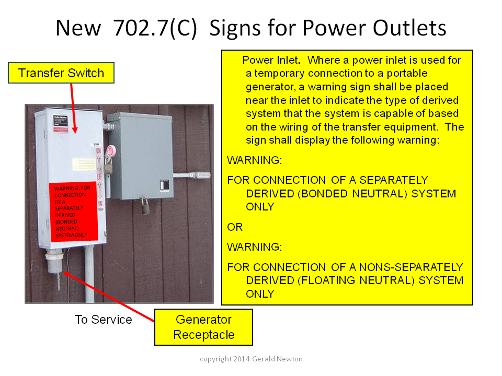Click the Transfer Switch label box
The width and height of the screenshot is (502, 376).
click(x=61, y=73)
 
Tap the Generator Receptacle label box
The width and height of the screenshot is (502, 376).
click(x=203, y=327)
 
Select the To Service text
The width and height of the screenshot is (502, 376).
click(x=103, y=320)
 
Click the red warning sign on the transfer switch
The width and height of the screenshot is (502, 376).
click(x=73, y=211)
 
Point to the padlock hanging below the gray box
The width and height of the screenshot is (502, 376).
click(x=145, y=206)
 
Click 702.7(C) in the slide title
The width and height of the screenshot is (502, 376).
click(x=155, y=28)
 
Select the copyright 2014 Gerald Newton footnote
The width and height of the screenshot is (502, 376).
click(x=251, y=359)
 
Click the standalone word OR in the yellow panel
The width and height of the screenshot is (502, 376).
click(x=235, y=227)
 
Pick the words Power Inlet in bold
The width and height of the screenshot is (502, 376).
click(x=271, y=60)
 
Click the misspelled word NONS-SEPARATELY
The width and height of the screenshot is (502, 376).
click(x=411, y=267)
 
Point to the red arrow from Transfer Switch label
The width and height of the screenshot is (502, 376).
click(x=73, y=109)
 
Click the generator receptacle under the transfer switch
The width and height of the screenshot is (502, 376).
click(x=55, y=261)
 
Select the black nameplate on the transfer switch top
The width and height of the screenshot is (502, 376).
click(x=61, y=121)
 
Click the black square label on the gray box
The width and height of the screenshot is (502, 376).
click(x=164, y=185)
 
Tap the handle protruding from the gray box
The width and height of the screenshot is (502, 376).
click(x=192, y=175)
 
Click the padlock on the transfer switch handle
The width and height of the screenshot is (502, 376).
click(x=109, y=166)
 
